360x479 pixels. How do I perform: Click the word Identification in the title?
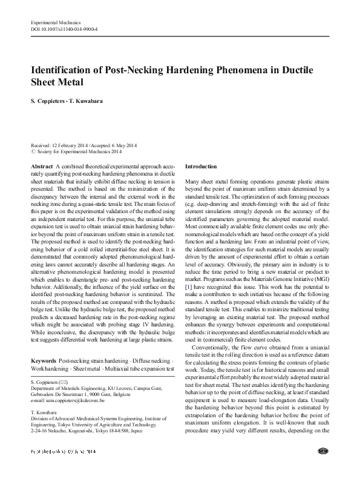tap(63, 70)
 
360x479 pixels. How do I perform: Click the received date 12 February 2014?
tap(71, 146)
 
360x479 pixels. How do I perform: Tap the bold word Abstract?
tap(41, 166)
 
